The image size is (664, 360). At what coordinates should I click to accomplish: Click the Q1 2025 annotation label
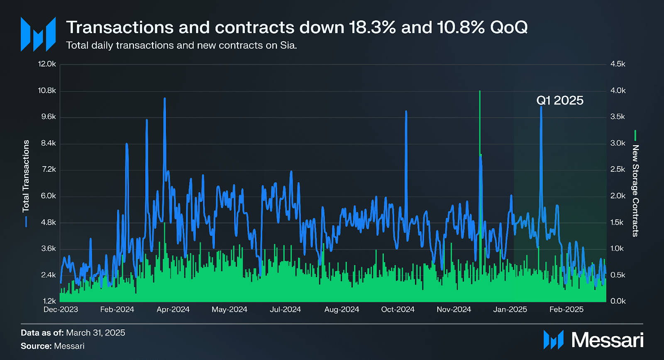click(559, 100)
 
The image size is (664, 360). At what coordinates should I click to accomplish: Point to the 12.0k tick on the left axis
click(47, 64)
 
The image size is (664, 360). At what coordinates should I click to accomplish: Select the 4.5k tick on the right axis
click(618, 64)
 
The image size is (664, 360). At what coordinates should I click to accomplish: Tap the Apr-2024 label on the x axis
click(173, 309)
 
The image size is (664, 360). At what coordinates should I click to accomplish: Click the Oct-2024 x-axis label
click(398, 309)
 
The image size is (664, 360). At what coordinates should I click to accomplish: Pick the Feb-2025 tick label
click(566, 309)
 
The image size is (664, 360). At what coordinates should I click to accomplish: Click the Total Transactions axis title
click(26, 176)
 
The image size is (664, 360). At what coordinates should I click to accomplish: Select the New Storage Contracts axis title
click(635, 191)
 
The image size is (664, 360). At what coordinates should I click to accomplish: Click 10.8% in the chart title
click(461, 27)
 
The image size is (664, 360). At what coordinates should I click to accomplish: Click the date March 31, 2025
click(95, 333)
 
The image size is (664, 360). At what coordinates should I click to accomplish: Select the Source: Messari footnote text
click(53, 346)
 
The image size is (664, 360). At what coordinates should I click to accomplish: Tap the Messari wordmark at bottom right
click(607, 340)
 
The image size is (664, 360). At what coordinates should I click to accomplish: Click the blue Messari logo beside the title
click(38, 34)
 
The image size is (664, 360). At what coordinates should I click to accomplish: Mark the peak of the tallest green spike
click(480, 91)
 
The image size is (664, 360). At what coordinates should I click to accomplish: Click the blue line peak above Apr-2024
click(165, 99)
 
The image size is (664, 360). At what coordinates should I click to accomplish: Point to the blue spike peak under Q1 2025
click(541, 107)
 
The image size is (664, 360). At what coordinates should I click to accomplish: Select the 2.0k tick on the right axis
click(618, 196)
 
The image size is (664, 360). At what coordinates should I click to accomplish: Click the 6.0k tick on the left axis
click(48, 196)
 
